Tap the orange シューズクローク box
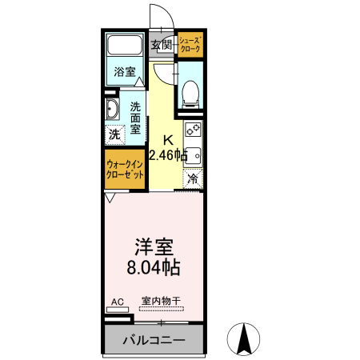pos(190,45)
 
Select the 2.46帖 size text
pos(168,154)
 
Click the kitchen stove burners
pos(193,129)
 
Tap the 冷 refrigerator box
pos(192,180)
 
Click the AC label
pos(117,302)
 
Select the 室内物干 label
pos(161,302)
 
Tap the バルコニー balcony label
pos(154,340)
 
